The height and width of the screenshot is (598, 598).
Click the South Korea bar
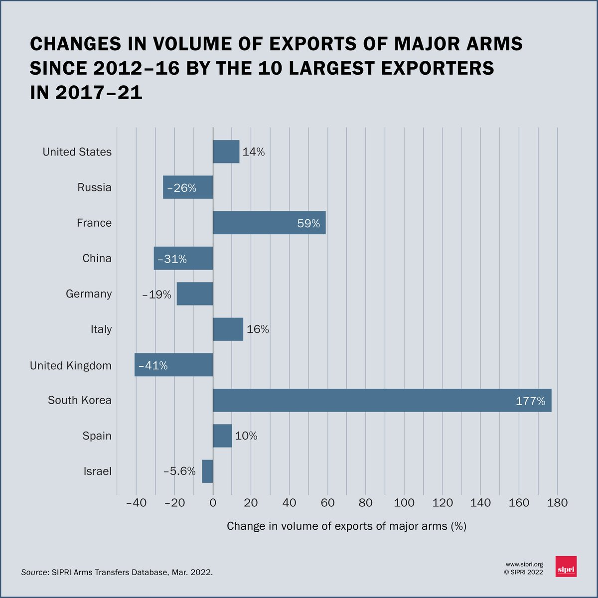(382, 400)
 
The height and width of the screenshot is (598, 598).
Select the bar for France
(269, 223)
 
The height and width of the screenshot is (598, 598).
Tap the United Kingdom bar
(174, 365)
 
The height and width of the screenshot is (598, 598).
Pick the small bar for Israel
(207, 471)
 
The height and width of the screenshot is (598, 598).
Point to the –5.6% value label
(179, 471)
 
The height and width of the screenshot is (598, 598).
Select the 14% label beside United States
(254, 152)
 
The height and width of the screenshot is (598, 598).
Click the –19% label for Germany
(156, 295)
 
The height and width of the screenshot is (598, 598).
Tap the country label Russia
(94, 187)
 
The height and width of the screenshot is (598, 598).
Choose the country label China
(97, 258)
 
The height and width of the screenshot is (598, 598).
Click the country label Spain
(97, 436)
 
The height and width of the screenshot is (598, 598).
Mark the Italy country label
(101, 329)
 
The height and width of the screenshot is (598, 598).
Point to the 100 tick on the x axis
(404, 503)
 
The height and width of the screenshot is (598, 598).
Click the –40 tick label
(136, 503)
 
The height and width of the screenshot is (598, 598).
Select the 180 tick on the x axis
(557, 503)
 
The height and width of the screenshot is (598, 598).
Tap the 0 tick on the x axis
(213, 503)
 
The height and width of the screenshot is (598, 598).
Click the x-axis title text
(346, 526)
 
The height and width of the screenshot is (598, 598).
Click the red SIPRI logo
(566, 567)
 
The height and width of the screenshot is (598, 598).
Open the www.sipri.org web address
(524, 564)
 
